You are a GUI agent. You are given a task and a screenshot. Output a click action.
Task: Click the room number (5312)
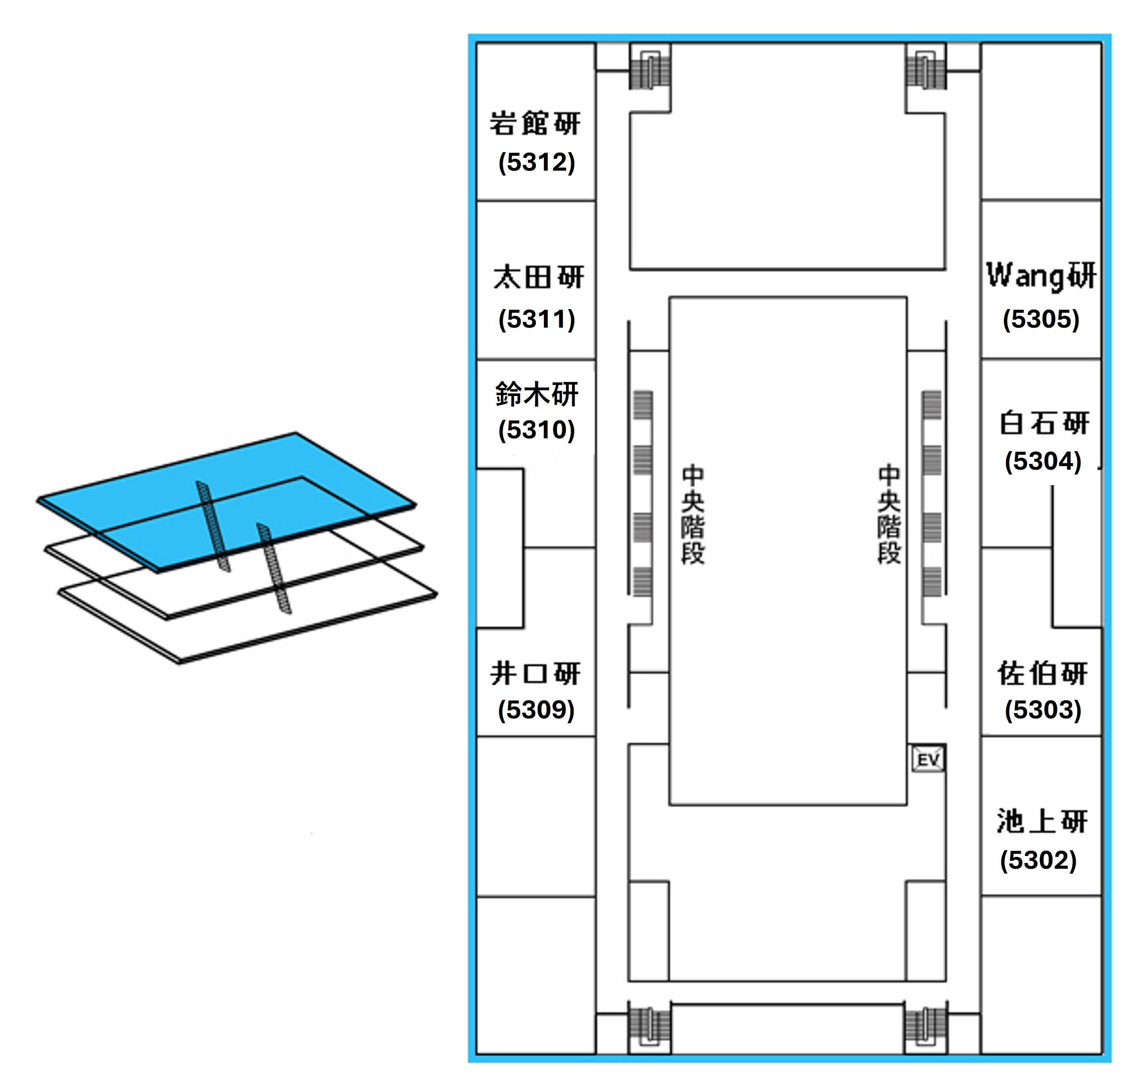click(536, 162)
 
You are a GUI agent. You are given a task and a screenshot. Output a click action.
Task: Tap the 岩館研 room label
click(535, 123)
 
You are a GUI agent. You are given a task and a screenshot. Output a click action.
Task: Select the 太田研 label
click(538, 277)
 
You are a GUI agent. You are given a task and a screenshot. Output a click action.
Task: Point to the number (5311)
click(536, 319)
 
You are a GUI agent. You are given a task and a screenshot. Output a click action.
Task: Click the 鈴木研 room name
click(537, 394)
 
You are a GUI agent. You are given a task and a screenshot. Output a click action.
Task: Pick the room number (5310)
click(536, 430)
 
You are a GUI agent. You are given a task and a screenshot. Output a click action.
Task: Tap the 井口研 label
click(535, 673)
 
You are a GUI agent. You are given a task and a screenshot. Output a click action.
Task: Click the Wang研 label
click(1041, 276)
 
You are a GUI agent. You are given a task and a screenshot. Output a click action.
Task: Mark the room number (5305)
click(1041, 319)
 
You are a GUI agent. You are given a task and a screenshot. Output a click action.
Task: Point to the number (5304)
click(1043, 461)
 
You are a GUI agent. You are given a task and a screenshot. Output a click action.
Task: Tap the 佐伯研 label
click(1042, 673)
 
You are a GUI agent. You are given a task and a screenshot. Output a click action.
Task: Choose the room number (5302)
click(1038, 860)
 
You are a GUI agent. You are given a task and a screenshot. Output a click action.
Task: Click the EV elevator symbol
click(928, 760)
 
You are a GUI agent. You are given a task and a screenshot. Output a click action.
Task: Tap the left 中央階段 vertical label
click(693, 515)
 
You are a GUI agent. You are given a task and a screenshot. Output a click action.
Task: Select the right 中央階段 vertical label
click(889, 515)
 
